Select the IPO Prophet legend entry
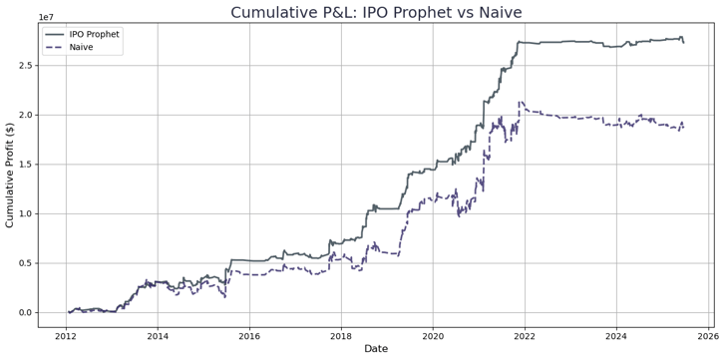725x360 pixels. point(95,34)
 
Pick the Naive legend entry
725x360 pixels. point(84,47)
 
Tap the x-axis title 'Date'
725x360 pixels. point(376,348)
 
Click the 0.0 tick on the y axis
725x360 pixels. point(26,312)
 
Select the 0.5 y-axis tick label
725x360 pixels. point(26,263)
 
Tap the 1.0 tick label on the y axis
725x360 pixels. point(26,213)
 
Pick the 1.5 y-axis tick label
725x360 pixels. point(26,165)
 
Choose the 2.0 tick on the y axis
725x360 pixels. point(26,115)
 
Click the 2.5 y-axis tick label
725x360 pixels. point(26,66)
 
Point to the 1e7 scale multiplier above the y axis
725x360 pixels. point(47,17)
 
